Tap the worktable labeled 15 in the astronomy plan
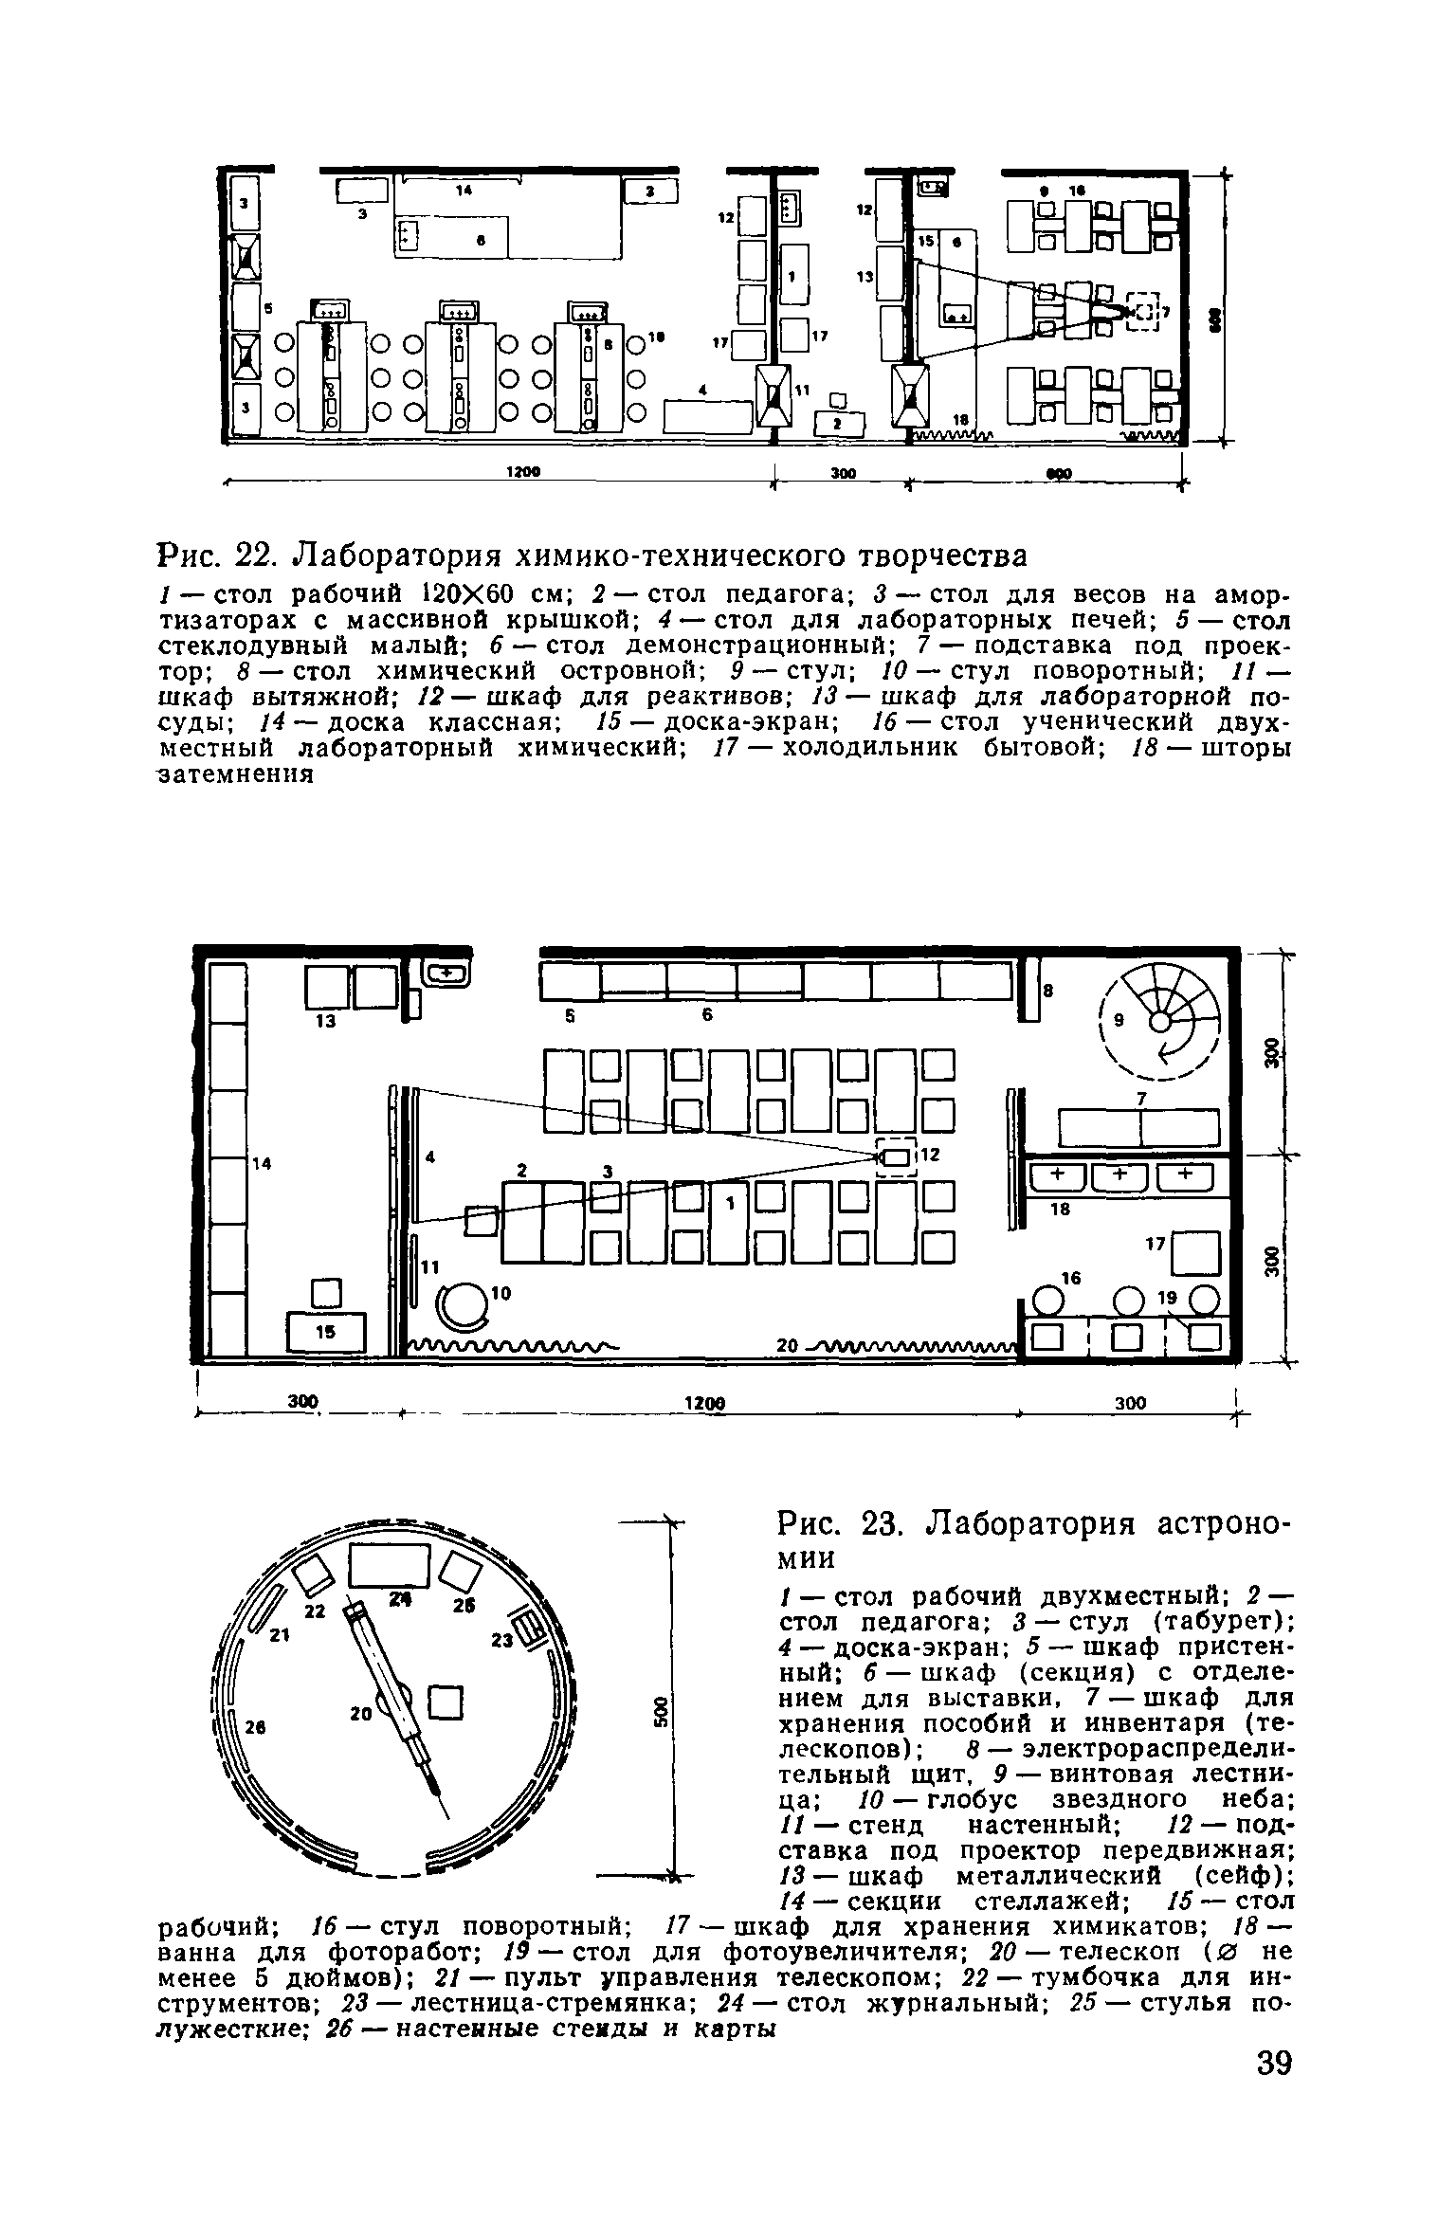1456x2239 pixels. (326, 1332)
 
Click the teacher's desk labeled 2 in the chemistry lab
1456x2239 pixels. (842, 423)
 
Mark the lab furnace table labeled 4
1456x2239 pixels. (708, 415)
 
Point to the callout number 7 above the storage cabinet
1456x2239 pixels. (1141, 1098)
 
